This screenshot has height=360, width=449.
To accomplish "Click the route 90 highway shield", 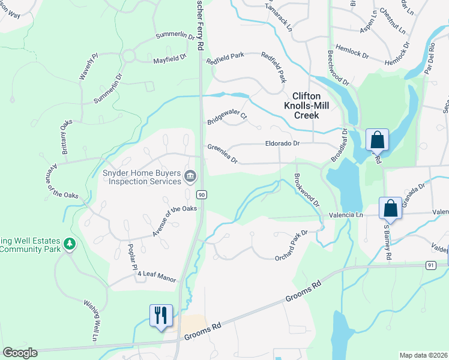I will pos(202,195).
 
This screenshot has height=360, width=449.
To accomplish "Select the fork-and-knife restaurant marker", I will pos(161,315).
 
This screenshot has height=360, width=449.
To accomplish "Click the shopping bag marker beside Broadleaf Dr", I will pos(377,140).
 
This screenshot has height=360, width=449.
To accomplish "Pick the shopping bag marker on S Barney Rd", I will pos(391,209).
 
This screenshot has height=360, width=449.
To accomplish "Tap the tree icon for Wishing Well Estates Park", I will pos(70,244).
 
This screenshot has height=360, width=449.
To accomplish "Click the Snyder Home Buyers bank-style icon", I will pos(190,176).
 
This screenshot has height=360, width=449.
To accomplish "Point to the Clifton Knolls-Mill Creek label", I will pos(307,105).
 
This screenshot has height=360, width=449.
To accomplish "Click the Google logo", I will pos(20,353).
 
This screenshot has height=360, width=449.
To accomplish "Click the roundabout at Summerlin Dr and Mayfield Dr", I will pos(128,57).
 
